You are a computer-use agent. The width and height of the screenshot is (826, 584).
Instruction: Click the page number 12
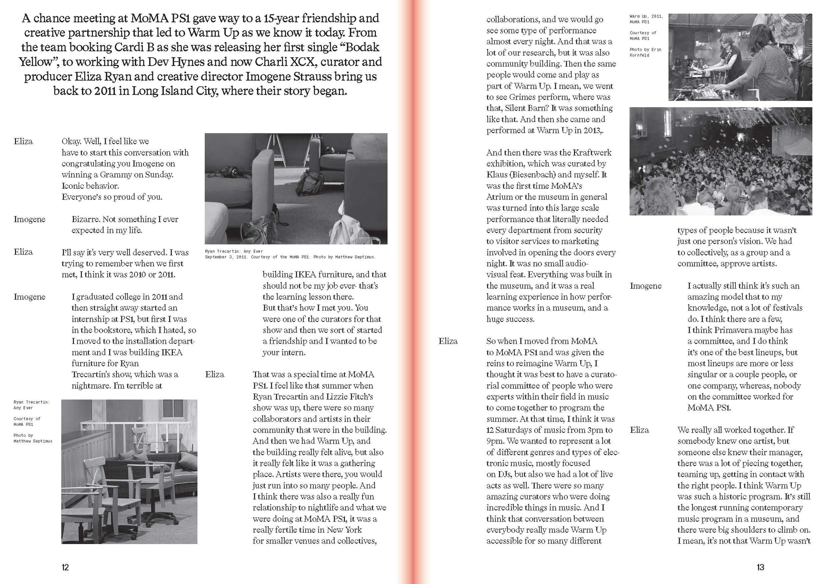[x=65, y=567]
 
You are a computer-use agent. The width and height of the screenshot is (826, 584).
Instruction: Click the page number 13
[x=760, y=567]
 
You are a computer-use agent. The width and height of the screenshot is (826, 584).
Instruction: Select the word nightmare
[x=90, y=386]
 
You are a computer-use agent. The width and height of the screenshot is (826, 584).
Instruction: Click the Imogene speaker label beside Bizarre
[x=29, y=219]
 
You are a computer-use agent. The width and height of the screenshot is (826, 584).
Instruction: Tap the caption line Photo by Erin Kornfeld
[x=645, y=52]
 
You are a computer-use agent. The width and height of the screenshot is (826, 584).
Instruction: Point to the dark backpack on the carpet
[x=309, y=182]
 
